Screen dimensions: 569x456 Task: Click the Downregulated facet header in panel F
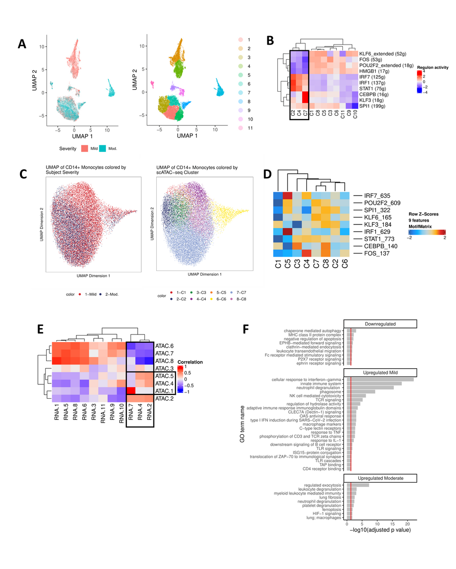click(381, 324)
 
